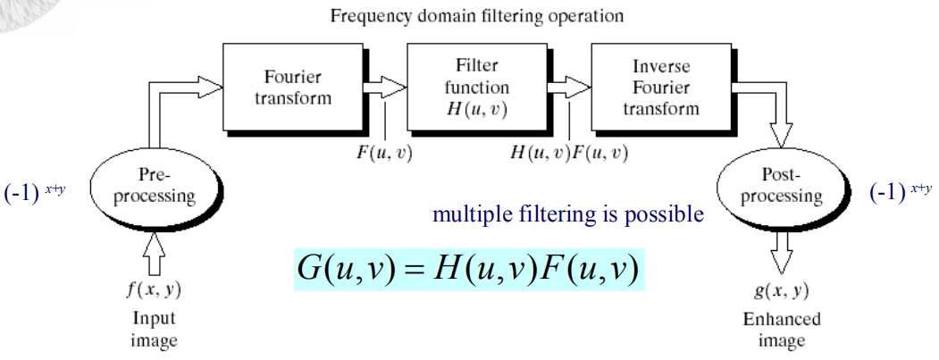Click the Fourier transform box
[x=293, y=87]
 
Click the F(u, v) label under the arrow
[x=384, y=152]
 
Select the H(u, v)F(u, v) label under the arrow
[x=568, y=152]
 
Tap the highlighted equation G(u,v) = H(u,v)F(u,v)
[x=469, y=270]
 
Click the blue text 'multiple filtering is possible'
[x=567, y=215]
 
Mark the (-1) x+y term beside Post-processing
[x=900, y=192]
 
